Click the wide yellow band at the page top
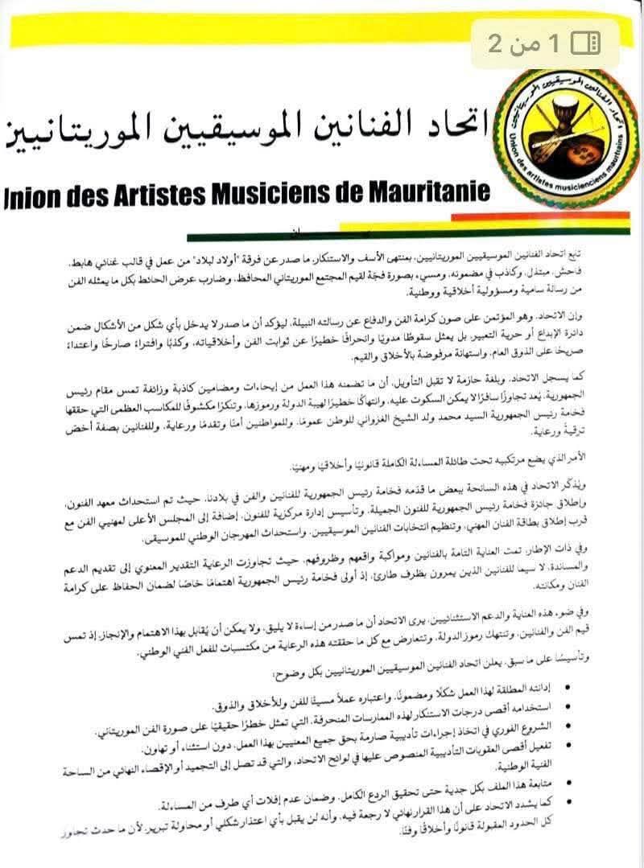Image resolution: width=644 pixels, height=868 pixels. pos(242,35)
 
